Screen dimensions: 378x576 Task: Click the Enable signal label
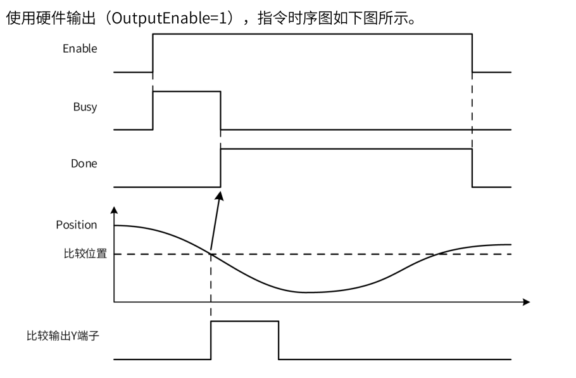(x=80, y=48)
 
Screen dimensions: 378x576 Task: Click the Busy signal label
(x=85, y=106)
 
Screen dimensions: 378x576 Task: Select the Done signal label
(x=84, y=163)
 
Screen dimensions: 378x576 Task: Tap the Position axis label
(x=76, y=225)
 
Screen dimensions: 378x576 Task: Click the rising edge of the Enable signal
(x=153, y=53)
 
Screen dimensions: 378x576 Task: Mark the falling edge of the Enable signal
(x=472, y=53)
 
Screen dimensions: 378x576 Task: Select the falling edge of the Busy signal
(x=220, y=110)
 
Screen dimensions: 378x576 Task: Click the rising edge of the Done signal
(x=220, y=167)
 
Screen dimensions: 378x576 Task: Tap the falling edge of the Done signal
(x=472, y=167)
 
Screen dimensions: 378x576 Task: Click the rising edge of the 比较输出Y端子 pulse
(x=211, y=341)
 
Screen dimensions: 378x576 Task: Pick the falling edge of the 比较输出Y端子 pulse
(x=279, y=341)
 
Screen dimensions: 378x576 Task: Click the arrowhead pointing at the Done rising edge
(x=221, y=195)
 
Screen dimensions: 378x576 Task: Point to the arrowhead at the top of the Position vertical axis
(x=115, y=210)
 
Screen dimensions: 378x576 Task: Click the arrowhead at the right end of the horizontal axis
(x=526, y=301)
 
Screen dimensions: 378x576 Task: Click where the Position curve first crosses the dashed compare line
(x=211, y=254)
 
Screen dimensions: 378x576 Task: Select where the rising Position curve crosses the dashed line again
(x=437, y=254)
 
